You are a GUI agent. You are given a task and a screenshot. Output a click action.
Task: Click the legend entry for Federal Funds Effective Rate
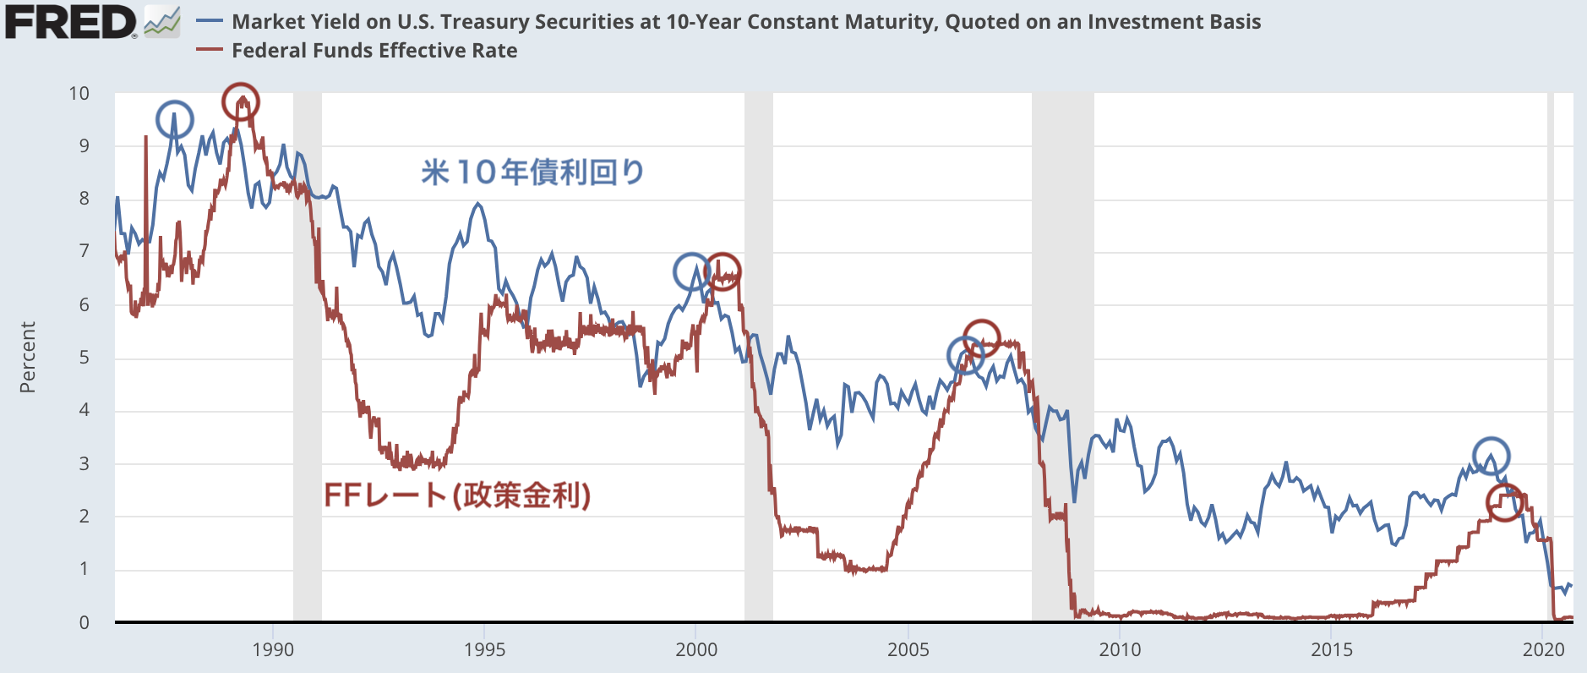tap(374, 51)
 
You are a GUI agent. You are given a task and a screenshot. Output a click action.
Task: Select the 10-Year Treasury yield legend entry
tap(745, 22)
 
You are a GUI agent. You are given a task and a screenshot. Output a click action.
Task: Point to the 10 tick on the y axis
tap(79, 94)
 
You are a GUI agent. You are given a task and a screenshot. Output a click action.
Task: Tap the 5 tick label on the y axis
tap(84, 358)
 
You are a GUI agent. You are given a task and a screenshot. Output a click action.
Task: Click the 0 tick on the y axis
tap(84, 623)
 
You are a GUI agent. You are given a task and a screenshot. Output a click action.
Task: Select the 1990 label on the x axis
tap(273, 649)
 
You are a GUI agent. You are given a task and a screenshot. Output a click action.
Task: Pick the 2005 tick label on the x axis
tap(908, 649)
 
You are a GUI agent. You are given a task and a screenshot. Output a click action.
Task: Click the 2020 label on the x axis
tap(1543, 649)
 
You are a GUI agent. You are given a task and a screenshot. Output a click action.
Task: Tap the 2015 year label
tap(1331, 649)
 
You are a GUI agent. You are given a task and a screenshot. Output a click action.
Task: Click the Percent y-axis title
tap(28, 357)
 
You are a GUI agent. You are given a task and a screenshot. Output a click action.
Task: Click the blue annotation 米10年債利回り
tap(532, 172)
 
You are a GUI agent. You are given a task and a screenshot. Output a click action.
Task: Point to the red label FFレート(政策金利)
tap(457, 495)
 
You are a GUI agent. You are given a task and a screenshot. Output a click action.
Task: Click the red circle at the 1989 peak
tap(241, 102)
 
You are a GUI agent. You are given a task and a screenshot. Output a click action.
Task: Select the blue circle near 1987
tap(175, 120)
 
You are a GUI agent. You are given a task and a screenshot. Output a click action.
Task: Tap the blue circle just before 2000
tap(692, 271)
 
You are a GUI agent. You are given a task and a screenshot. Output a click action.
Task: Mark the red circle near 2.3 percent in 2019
tap(1504, 502)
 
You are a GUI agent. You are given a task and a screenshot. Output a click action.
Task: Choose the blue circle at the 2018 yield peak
tap(1492, 456)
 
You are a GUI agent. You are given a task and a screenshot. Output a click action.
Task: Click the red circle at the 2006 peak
tap(982, 338)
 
